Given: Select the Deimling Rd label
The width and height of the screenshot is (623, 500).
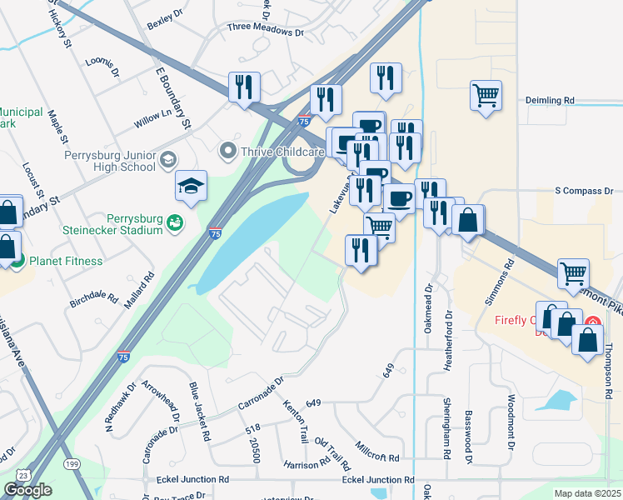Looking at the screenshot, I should click(x=551, y=100).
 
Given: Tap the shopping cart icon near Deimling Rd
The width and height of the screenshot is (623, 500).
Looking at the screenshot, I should click(x=486, y=93).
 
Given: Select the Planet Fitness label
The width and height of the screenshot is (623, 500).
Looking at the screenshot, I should click(x=67, y=261).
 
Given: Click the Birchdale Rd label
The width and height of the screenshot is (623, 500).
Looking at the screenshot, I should click(x=97, y=295).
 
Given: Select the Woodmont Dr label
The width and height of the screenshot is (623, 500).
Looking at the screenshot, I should click(x=509, y=427).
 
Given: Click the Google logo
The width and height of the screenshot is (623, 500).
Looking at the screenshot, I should click(x=27, y=490).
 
